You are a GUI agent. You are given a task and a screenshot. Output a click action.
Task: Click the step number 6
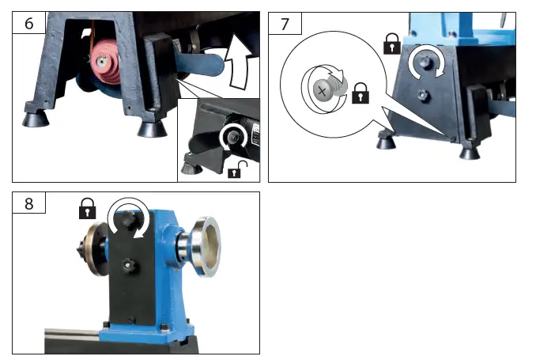click(29, 23)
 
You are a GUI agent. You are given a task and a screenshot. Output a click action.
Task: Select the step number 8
click(29, 203)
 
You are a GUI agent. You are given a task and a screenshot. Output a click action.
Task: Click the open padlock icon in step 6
click(234, 169)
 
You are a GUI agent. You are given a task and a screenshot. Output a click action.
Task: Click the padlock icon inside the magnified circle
click(360, 93)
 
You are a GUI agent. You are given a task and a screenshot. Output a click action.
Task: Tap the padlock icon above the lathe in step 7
click(391, 44)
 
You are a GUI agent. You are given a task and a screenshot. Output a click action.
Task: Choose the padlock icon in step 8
click(87, 210)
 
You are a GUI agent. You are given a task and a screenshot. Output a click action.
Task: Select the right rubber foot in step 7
click(470, 151)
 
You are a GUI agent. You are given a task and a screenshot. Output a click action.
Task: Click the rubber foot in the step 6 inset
click(191, 167)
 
